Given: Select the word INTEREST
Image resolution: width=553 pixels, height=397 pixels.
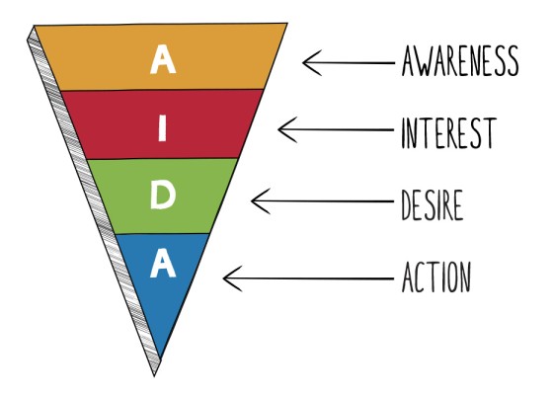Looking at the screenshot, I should [x=447, y=132].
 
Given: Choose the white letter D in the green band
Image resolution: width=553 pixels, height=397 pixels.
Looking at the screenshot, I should [x=164, y=197].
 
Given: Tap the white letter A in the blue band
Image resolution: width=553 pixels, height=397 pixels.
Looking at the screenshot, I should [x=164, y=265].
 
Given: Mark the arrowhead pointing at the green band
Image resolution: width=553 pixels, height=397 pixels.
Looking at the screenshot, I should [x=256, y=201].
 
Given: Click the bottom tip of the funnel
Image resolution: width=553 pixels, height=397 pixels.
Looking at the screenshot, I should [x=156, y=372].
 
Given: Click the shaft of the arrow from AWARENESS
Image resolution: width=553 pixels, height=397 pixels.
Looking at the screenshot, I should [x=351, y=63].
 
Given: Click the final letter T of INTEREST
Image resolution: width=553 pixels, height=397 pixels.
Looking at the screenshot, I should [x=487, y=132].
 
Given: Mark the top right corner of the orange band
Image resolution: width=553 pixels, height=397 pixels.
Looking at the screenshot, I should [x=287, y=24].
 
